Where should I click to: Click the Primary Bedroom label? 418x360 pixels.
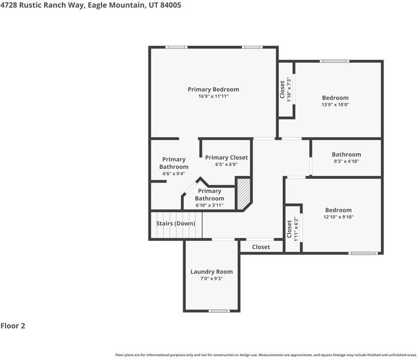pyautogui.click(x=213, y=89)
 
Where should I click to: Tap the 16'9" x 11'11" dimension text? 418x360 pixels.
pyautogui.click(x=213, y=97)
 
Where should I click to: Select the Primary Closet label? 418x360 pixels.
pyautogui.click(x=227, y=157)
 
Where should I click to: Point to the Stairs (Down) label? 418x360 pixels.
pyautogui.click(x=175, y=224)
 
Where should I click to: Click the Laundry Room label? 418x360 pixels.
pyautogui.click(x=212, y=272)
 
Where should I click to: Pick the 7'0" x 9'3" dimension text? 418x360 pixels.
pyautogui.click(x=212, y=279)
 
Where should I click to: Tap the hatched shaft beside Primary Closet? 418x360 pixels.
pyautogui.click(x=243, y=193)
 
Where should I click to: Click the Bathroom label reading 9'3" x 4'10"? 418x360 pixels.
pyautogui.click(x=346, y=154)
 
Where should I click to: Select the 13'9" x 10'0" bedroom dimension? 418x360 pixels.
pyautogui.click(x=335, y=105)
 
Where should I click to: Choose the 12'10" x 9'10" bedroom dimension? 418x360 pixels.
pyautogui.click(x=338, y=217)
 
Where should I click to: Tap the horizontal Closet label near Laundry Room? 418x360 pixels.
pyautogui.click(x=261, y=247)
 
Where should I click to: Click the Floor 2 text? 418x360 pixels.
pyautogui.click(x=13, y=326)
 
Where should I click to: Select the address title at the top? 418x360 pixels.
pyautogui.click(x=91, y=5)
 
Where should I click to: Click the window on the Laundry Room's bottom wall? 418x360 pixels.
pyautogui.click(x=219, y=311)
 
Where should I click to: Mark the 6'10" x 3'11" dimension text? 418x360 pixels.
pyautogui.click(x=210, y=205)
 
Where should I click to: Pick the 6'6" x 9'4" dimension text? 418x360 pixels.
pyautogui.click(x=174, y=174)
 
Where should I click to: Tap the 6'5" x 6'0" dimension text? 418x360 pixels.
pyautogui.click(x=227, y=164)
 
